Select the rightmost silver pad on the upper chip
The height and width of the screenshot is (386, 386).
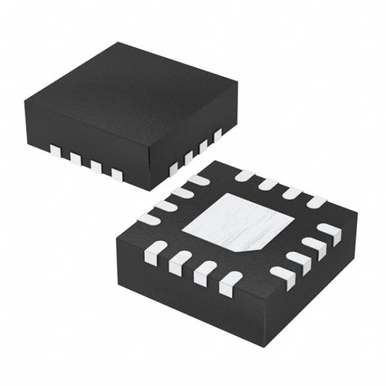click(x=217, y=134)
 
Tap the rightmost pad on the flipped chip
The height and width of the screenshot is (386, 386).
click(x=330, y=233)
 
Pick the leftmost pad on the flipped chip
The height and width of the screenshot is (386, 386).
click(x=148, y=219)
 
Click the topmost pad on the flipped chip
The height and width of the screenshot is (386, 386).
click(x=244, y=174)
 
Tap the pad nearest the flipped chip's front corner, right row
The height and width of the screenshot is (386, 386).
click(x=282, y=274)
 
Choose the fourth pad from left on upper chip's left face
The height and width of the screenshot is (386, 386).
click(x=116, y=173)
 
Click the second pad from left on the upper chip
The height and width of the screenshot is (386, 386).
click(x=75, y=158)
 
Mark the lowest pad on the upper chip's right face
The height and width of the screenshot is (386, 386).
click(x=173, y=169)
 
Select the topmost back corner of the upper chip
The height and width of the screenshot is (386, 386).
click(x=118, y=44)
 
